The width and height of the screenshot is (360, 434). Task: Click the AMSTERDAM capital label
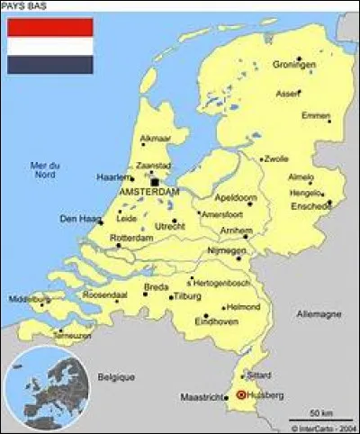point(148,193)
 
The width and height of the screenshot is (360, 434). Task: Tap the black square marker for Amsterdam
point(155,182)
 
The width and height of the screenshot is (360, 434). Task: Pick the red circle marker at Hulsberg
point(240,394)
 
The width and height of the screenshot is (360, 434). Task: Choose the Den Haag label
point(76,218)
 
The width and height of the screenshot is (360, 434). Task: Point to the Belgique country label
point(116,376)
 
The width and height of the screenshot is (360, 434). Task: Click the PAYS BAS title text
point(24,6)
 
